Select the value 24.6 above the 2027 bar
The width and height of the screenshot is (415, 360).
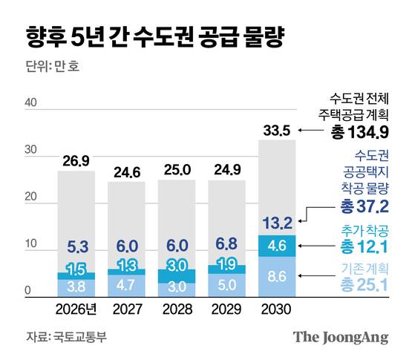click(126, 173)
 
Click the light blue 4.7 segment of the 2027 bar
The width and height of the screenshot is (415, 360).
click(126, 284)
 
